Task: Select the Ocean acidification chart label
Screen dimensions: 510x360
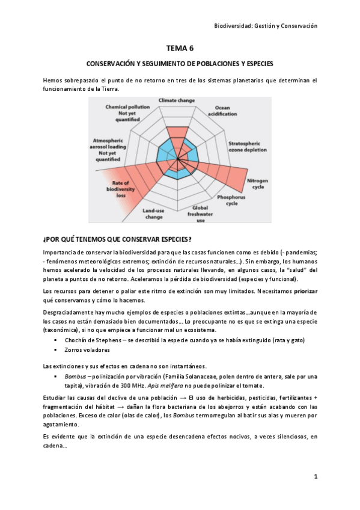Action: tap(224, 112)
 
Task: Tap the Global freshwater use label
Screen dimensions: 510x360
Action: tap(197, 214)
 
